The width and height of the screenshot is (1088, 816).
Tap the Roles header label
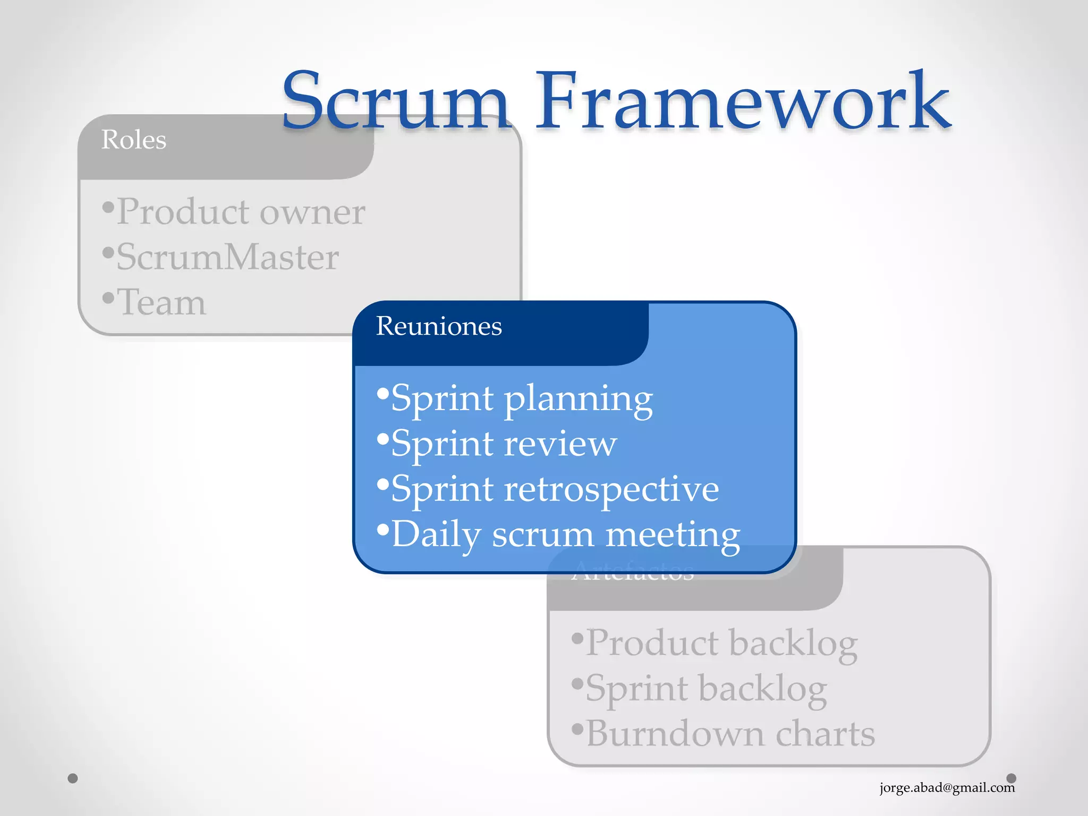coord(134,140)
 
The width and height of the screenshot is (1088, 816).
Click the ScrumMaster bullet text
coord(227,258)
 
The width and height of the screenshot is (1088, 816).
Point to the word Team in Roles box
coord(161,303)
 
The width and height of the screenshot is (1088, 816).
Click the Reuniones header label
coord(439,326)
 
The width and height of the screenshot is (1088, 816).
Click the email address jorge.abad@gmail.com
coord(947,787)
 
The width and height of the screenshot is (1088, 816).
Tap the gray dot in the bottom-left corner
coord(73,778)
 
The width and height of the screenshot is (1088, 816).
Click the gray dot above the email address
coord(1011,778)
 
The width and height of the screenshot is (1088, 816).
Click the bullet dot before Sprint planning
coord(383,394)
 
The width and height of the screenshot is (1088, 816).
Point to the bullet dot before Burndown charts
coord(577,728)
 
